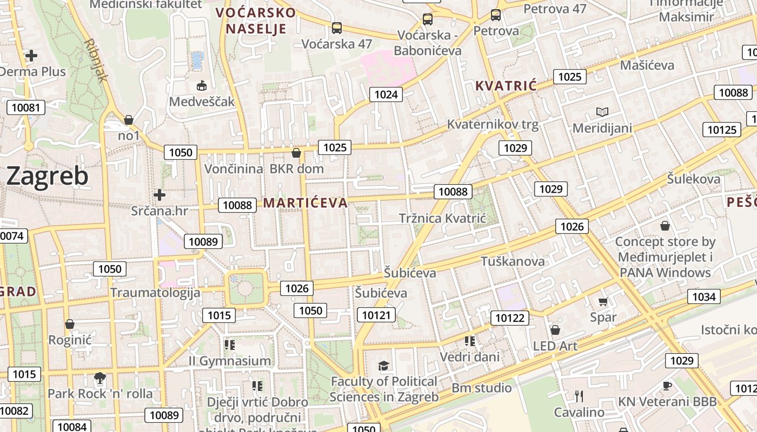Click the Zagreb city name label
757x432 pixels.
(x=48, y=176)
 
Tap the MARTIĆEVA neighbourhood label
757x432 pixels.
(x=306, y=202)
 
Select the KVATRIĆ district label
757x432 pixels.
(x=506, y=85)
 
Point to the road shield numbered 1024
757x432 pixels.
(x=386, y=94)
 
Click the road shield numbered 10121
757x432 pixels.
(x=376, y=315)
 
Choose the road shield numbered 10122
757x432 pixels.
(x=510, y=318)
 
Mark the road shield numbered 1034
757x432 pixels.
(x=703, y=296)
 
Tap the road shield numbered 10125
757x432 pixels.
(x=722, y=129)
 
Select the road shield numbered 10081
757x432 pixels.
(x=26, y=107)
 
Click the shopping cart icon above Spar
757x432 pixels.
(x=603, y=301)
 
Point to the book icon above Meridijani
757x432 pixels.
(x=602, y=112)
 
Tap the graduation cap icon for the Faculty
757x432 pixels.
(x=384, y=366)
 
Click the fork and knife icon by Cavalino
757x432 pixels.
(x=579, y=396)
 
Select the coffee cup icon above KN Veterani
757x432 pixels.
(x=667, y=386)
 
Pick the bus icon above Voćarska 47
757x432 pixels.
(x=337, y=28)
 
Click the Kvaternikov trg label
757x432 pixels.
(x=493, y=125)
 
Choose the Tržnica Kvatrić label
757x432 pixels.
(x=442, y=218)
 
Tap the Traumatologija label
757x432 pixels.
(x=155, y=293)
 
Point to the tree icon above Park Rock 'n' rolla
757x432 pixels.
(x=99, y=377)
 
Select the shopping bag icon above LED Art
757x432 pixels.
(x=555, y=329)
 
